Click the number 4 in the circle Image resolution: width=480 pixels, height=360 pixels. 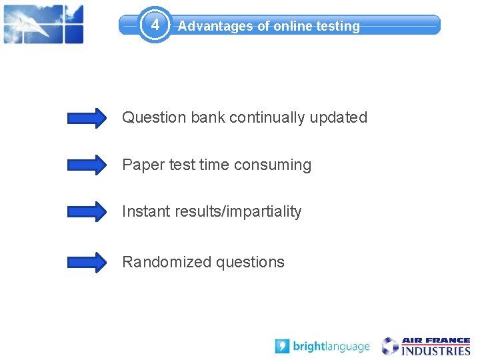(155, 25)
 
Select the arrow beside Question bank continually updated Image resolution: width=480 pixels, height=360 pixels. (87, 118)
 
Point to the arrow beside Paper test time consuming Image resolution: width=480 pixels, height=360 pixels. (87, 165)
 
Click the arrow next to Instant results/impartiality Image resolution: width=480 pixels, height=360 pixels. (87, 211)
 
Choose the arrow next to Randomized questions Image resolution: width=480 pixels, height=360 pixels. (87, 262)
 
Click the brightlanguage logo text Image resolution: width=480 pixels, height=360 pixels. (331, 347)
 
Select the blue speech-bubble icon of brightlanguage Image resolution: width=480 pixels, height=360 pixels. (283, 347)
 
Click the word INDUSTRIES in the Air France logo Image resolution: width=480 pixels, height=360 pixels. (435, 351)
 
